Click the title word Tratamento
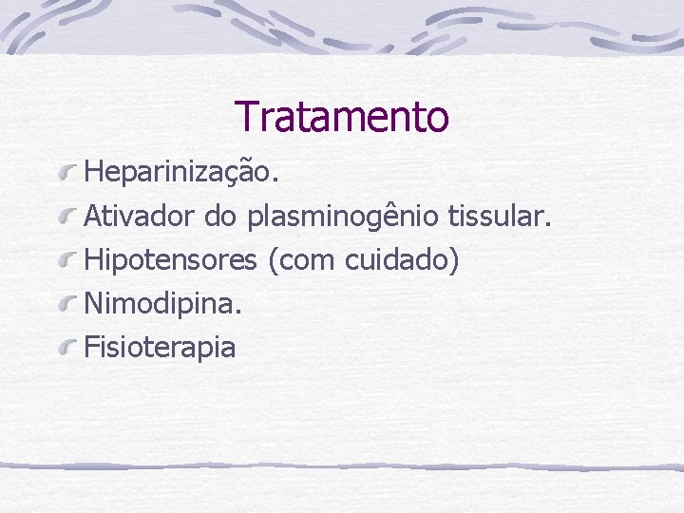[342, 117]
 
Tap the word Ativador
[141, 217]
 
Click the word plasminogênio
[343, 218]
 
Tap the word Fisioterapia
[160, 347]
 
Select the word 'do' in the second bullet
[220, 217]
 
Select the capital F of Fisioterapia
[91, 346]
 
